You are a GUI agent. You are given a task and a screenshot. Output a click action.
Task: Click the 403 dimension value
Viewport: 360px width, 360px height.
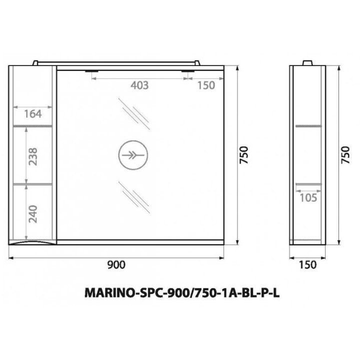click(x=139, y=85)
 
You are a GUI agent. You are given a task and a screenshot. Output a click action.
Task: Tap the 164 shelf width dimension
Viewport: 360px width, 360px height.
click(x=33, y=114)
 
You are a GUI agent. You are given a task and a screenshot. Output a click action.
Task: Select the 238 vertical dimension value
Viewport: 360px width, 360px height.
click(x=33, y=156)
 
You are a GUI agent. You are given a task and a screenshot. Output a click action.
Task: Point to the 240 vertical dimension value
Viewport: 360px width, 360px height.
click(x=33, y=214)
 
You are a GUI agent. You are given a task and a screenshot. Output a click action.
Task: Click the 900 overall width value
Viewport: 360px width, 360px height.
click(x=116, y=265)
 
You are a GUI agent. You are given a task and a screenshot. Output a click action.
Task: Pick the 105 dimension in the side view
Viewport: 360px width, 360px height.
click(x=308, y=198)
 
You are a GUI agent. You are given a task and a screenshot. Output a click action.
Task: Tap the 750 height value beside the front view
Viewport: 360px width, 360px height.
click(x=244, y=155)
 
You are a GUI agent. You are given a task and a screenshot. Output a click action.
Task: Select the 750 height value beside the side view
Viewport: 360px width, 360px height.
click(x=345, y=155)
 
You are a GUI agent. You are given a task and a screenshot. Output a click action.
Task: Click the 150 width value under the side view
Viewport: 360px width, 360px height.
click(x=307, y=265)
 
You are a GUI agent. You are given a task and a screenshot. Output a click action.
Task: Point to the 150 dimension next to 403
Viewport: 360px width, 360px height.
click(x=206, y=85)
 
